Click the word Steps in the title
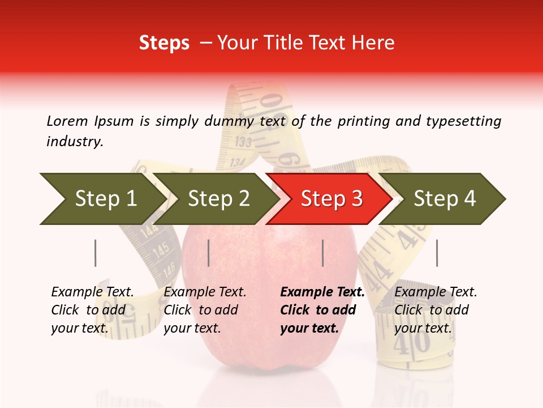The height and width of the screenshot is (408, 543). pos(164,43)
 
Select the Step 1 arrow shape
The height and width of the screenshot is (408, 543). pos(102,199)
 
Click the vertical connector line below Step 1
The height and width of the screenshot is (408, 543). pos(96,253)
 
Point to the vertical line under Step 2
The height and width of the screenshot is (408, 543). pos(209,253)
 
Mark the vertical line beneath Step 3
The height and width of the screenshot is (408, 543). pos(322,253)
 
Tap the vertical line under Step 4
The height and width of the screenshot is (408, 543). pos(437,253)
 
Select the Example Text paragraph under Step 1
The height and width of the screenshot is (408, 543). pos(92,309)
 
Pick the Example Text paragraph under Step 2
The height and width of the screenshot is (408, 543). pos(205,309)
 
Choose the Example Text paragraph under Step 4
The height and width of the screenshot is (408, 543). pos(436,309)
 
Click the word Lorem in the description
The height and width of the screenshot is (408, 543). pos(67,121)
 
